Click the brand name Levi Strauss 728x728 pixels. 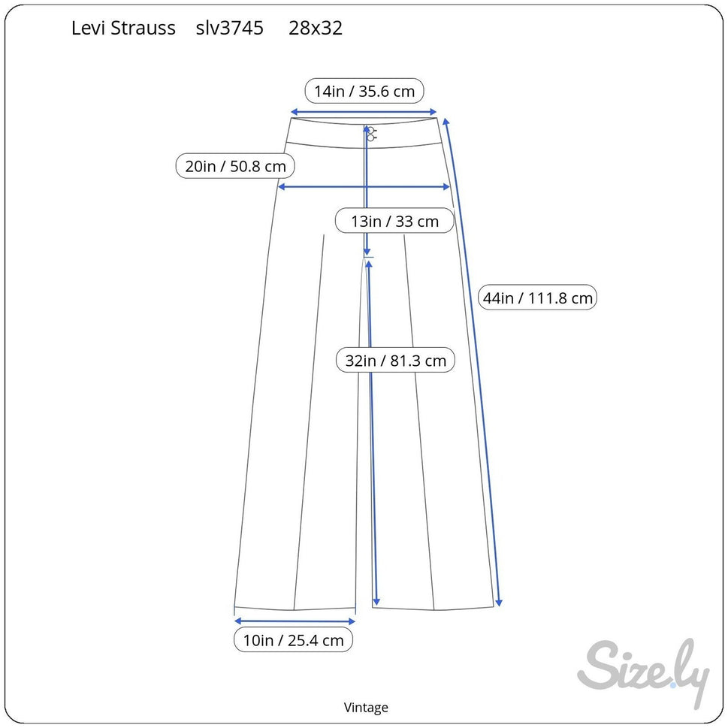pyautogui.click(x=123, y=29)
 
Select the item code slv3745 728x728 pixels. pyautogui.click(x=230, y=29)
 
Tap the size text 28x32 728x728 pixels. pyautogui.click(x=316, y=29)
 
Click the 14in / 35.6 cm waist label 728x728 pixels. pyautogui.click(x=364, y=91)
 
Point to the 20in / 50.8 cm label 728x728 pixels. pyautogui.click(x=235, y=166)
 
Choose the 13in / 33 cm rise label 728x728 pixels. pyautogui.click(x=394, y=221)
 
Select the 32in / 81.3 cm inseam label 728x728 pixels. pyautogui.click(x=396, y=361)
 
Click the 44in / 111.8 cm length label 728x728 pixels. pyautogui.click(x=538, y=298)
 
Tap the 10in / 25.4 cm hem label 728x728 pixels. pyautogui.click(x=294, y=640)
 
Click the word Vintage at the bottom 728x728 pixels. pyautogui.click(x=366, y=708)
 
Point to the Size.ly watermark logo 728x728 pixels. pyautogui.click(x=644, y=672)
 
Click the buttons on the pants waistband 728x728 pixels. pyautogui.click(x=371, y=134)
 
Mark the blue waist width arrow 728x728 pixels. pyautogui.click(x=364, y=112)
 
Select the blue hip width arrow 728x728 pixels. pyautogui.click(x=364, y=187)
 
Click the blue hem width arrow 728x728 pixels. pyautogui.click(x=295, y=621)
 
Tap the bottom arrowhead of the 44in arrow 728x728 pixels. pyautogui.click(x=499, y=603)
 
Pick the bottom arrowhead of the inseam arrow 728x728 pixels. pyautogui.click(x=376, y=602)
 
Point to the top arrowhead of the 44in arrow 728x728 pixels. pyautogui.click(x=446, y=122)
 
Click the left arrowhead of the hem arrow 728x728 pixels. pyautogui.click(x=237, y=621)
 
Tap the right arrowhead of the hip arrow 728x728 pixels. pyautogui.click(x=447, y=187)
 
